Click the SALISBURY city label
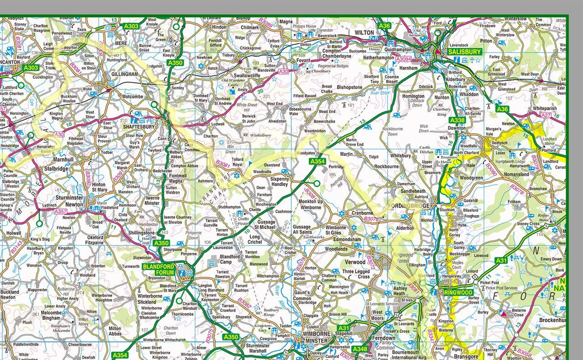[x=465, y=52]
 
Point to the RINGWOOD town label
[x=458, y=293]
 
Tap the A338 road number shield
[x=457, y=120]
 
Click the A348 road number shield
[x=360, y=349]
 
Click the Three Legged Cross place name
[x=356, y=274]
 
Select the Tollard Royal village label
[x=238, y=162]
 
